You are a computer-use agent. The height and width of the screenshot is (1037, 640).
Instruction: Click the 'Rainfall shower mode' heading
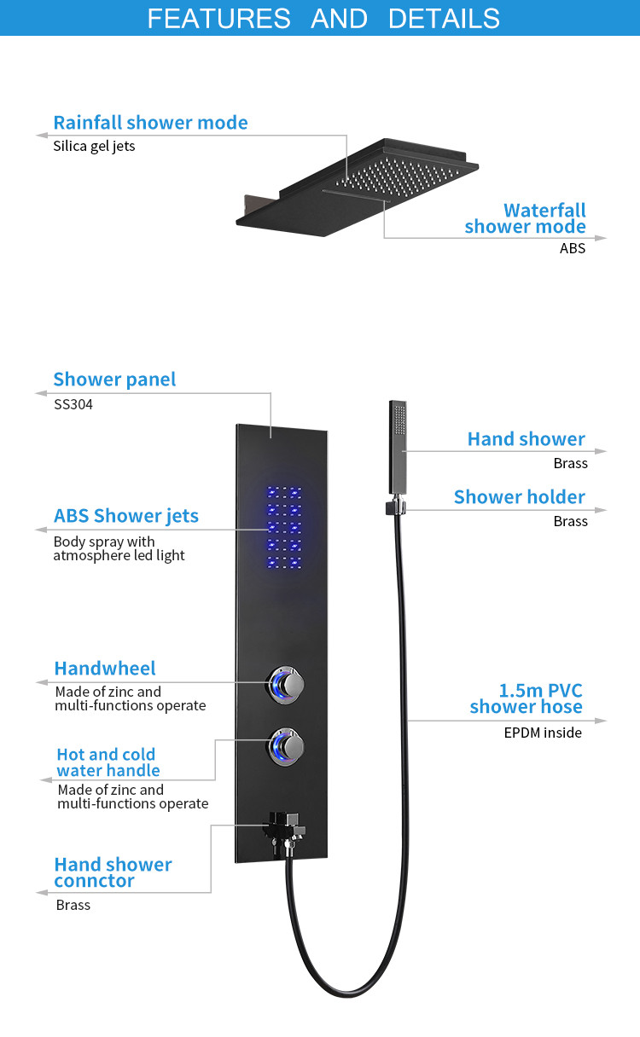[x=150, y=123]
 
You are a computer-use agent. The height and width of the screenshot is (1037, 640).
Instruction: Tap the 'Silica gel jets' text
[x=94, y=147]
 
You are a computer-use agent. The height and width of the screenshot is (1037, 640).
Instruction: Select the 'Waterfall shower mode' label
[x=525, y=218]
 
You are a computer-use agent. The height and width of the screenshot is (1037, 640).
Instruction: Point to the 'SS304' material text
[x=73, y=404]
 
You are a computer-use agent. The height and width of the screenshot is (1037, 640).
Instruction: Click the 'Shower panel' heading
[x=114, y=379]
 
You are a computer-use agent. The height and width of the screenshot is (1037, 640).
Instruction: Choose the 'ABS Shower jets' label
[x=126, y=516]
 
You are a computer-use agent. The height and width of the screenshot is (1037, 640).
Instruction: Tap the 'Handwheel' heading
[x=105, y=668]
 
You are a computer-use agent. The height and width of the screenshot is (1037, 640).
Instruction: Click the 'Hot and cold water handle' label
[x=108, y=762]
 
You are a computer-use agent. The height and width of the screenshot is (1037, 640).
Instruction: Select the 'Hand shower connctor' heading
[x=113, y=872]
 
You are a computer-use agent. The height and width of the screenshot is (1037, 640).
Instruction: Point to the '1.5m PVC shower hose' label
[x=526, y=698]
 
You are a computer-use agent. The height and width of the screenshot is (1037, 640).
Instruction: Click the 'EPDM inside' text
[x=543, y=733]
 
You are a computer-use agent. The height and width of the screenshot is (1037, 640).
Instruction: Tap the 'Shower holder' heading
[x=520, y=496]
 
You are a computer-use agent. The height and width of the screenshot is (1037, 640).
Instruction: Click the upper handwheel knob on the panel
[x=286, y=685]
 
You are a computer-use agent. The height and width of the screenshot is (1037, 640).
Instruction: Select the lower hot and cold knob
[x=286, y=746]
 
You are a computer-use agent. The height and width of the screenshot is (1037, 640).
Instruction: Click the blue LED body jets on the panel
[x=284, y=527]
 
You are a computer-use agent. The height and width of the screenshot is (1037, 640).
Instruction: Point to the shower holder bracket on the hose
[x=396, y=507]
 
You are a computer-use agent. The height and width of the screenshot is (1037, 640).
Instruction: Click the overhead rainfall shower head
[x=357, y=187]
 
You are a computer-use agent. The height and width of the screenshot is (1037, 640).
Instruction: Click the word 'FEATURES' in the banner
[x=218, y=19]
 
